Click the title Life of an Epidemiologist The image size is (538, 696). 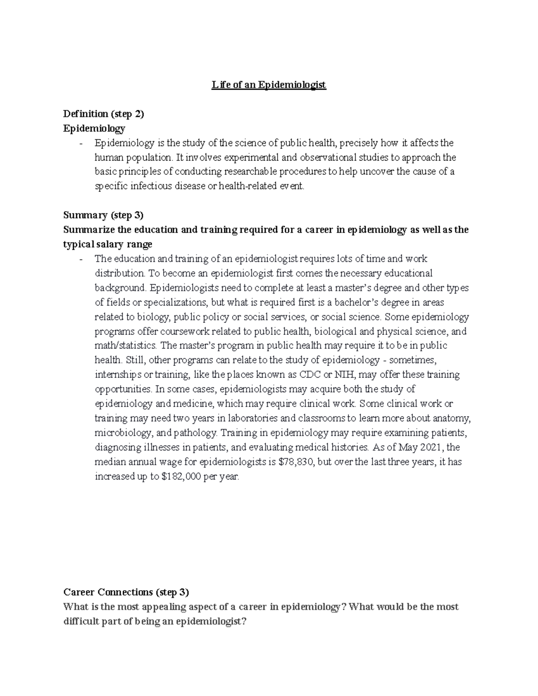(269, 85)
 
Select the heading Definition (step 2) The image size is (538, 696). (104, 114)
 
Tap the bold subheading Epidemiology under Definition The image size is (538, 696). (94, 129)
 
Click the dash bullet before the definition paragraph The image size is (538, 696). (81, 143)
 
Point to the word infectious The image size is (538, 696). (151, 186)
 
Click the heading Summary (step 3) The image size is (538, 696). (103, 216)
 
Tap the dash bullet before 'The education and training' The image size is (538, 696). (81, 259)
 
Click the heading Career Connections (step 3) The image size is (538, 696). (126, 592)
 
